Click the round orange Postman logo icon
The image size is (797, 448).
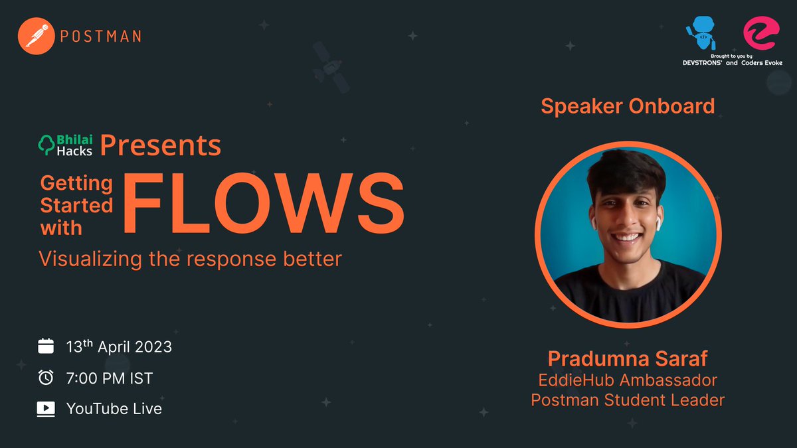tap(36, 35)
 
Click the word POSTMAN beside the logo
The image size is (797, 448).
tap(100, 36)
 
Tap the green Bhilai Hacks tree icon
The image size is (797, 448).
tap(48, 145)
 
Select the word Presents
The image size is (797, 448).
tap(161, 145)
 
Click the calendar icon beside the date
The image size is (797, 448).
tap(46, 346)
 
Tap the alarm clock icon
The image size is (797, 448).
tap(46, 377)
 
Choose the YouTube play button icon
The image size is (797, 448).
tap(46, 408)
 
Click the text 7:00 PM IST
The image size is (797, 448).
tap(110, 378)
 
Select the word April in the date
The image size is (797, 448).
tap(117, 346)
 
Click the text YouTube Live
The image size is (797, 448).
tap(114, 408)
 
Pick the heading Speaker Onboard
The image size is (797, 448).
tap(628, 106)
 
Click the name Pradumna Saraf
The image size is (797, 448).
tap(628, 360)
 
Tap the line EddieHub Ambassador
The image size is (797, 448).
tap(628, 381)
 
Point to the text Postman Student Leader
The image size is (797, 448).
tap(628, 400)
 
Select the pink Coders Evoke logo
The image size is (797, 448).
tap(759, 33)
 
